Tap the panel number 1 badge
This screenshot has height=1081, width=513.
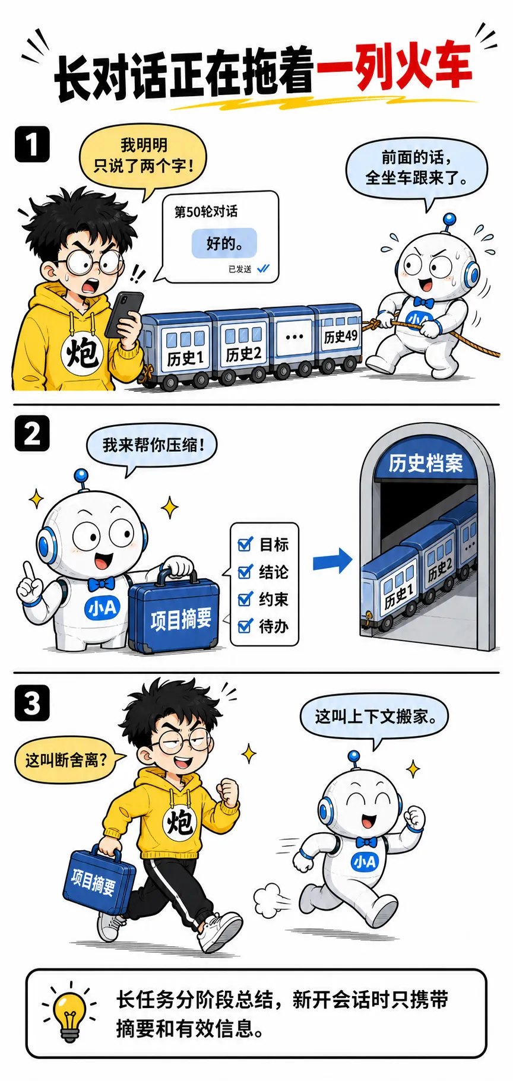tap(32, 144)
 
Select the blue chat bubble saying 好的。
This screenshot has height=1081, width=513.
tap(224, 243)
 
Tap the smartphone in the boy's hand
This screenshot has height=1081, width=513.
tap(123, 314)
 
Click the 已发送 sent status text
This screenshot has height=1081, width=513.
tap(240, 269)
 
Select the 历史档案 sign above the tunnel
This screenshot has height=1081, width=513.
tap(426, 462)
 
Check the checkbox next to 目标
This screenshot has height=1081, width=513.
tap(245, 544)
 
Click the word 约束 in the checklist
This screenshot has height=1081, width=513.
tap(274, 599)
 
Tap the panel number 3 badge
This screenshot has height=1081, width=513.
tap(32, 703)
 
